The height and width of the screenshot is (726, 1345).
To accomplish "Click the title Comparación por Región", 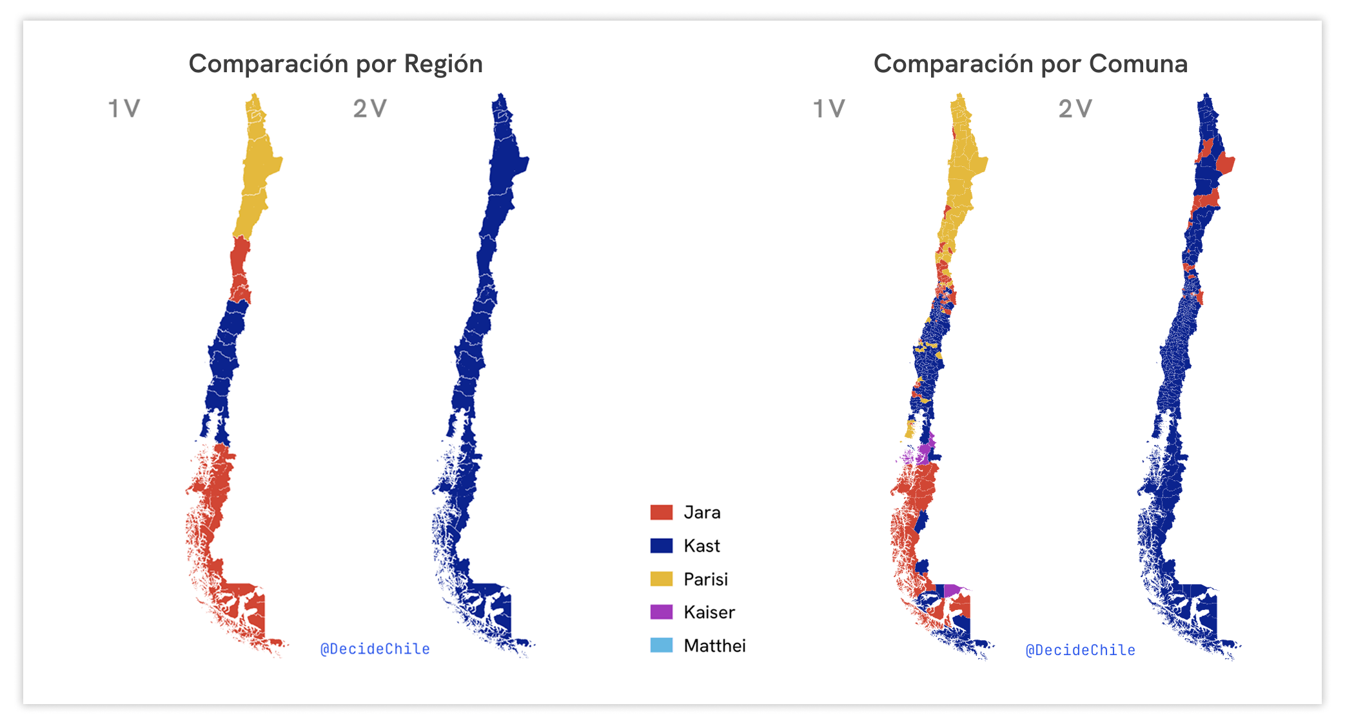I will click(335, 64).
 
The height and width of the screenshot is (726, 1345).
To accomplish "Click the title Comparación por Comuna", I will click(1030, 64).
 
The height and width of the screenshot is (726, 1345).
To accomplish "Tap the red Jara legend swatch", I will click(661, 513).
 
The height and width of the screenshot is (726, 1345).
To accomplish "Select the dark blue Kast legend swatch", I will click(661, 546).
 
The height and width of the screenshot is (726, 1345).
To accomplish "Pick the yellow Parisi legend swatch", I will click(661, 579).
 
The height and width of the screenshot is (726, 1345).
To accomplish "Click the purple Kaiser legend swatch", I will click(661, 612).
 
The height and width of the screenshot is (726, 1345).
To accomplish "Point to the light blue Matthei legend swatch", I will click(661, 645).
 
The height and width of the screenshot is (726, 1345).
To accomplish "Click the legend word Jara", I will click(702, 513).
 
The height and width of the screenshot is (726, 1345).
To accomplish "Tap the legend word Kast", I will click(702, 546).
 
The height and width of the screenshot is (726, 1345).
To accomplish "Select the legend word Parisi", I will click(705, 579).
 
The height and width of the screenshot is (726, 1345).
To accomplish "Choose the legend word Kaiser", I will click(709, 612).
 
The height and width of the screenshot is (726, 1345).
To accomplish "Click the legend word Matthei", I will click(714, 645).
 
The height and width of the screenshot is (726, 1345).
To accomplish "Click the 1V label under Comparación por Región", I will click(124, 108).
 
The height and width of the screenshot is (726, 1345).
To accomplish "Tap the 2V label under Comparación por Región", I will click(369, 108).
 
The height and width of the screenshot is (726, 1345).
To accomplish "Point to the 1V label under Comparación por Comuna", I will click(829, 108).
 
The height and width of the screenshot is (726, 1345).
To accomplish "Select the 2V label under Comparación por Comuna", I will click(1075, 108).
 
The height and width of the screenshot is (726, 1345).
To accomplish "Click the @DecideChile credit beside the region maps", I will click(375, 649).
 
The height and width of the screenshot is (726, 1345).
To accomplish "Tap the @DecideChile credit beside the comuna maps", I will click(1080, 650).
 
